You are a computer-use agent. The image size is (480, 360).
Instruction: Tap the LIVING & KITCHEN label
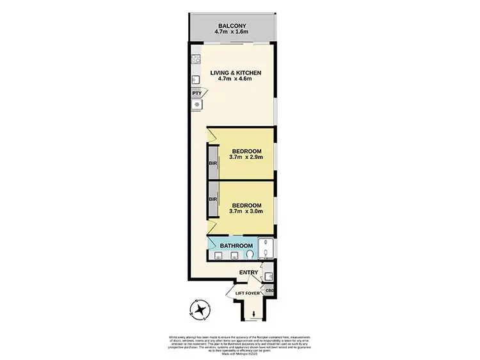235,72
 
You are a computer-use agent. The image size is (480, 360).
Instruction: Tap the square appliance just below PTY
196,104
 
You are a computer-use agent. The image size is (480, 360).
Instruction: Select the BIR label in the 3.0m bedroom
211,199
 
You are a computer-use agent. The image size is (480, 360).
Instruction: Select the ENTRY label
249,273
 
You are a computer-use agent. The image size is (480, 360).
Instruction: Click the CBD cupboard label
270,290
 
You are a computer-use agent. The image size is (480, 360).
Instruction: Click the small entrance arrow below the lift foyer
254,313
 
